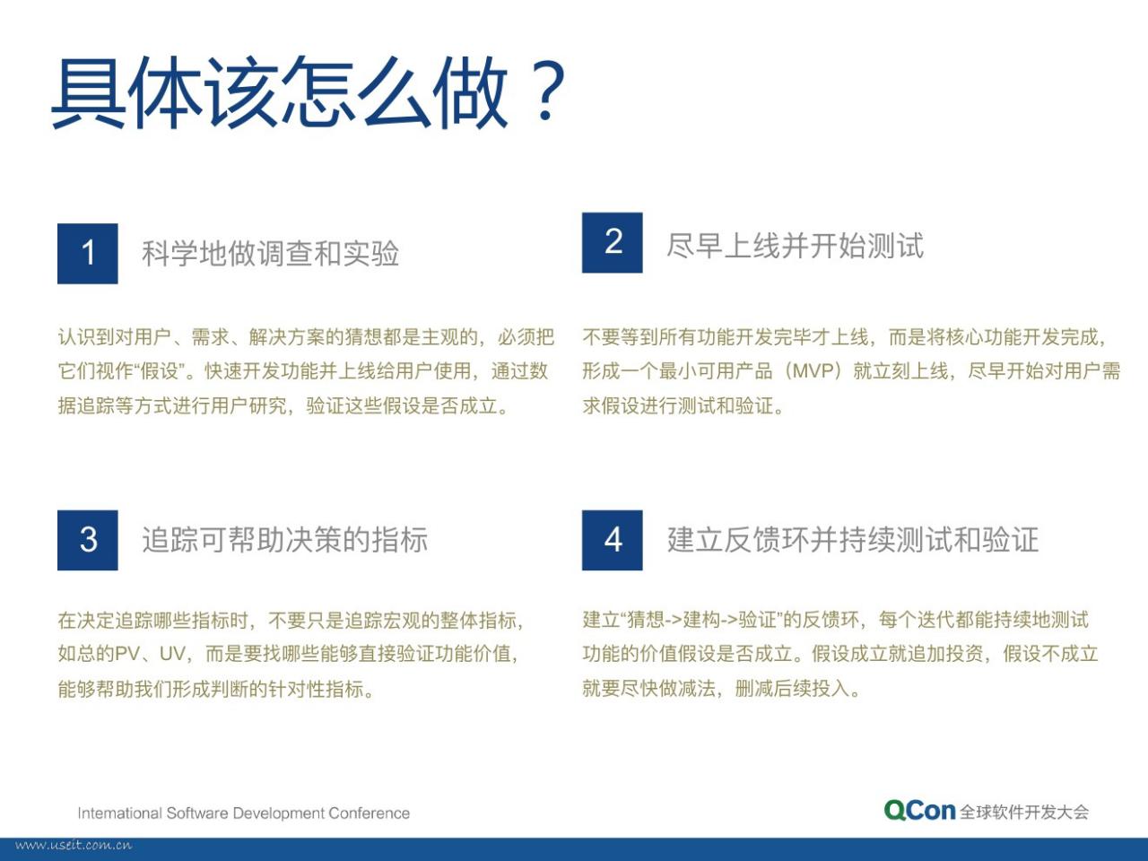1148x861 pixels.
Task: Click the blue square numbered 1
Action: [x=87, y=254]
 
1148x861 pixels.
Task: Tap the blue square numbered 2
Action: [x=612, y=242]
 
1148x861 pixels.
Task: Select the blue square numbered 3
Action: [x=87, y=540]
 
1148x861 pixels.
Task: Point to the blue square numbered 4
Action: [x=612, y=540]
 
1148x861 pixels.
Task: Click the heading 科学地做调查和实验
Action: [x=270, y=254]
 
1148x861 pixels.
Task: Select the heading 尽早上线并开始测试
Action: [x=795, y=245]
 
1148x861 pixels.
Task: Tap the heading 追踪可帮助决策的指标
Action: [x=285, y=540]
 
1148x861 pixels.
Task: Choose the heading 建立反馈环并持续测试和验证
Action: [x=853, y=540]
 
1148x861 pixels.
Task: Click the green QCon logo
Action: [x=920, y=811]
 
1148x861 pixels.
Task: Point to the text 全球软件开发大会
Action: [x=1024, y=812]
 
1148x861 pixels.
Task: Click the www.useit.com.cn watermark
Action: [x=74, y=846]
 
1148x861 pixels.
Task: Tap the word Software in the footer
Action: [x=197, y=813]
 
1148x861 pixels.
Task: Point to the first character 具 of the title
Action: [x=89, y=92]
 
